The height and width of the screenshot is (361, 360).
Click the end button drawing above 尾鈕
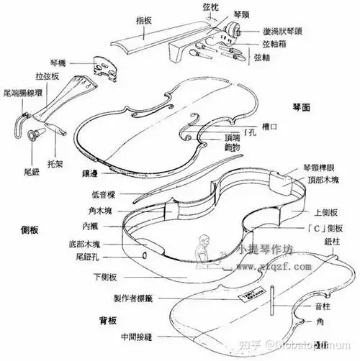coord(32,134)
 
